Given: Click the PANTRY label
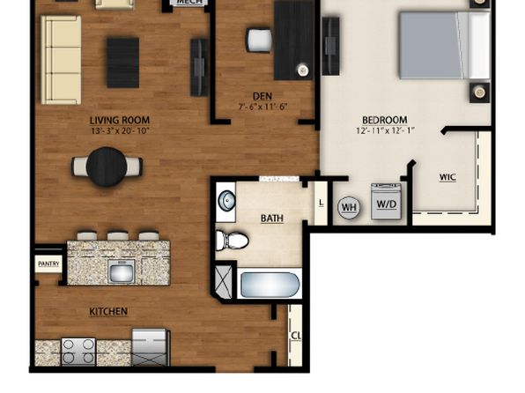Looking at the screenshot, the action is click(x=48, y=264).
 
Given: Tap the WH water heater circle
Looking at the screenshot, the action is click(x=349, y=207).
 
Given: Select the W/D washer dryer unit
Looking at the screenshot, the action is click(x=386, y=202).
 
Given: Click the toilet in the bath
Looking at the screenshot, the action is click(x=232, y=241).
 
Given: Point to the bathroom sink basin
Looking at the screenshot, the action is click(x=226, y=201).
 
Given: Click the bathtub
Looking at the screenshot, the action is click(x=270, y=285).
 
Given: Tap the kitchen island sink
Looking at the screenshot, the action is click(x=122, y=271).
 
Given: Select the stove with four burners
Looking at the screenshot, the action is click(x=78, y=352).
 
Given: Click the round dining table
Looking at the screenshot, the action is click(x=107, y=167).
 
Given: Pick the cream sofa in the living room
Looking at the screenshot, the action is click(x=61, y=60).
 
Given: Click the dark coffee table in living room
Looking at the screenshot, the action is click(x=122, y=63).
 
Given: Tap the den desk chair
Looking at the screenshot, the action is click(x=259, y=41).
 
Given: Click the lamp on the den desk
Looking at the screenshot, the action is click(x=303, y=70).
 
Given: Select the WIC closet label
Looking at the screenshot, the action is click(x=447, y=177).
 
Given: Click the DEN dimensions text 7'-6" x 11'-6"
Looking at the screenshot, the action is click(x=262, y=107).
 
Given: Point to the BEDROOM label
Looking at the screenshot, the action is click(x=385, y=120).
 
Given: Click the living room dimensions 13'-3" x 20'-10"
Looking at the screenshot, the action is click(x=120, y=130).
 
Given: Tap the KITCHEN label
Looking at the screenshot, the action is click(x=108, y=312).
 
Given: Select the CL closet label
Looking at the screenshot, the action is click(x=296, y=336).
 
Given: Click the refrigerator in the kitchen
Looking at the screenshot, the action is click(x=150, y=347).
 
